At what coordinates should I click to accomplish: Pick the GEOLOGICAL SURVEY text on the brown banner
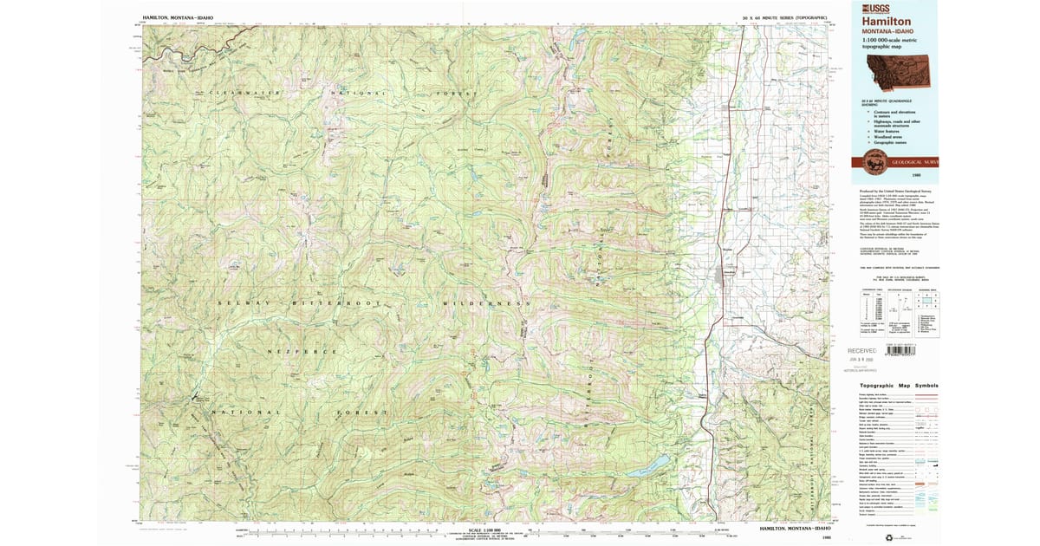pyautogui.click(x=919, y=162)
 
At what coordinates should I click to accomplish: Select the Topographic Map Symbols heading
pyautogui.click(x=899, y=386)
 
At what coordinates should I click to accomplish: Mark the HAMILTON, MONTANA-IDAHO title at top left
pyautogui.click(x=179, y=16)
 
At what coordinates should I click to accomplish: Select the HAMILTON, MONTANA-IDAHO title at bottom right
pyautogui.click(x=795, y=528)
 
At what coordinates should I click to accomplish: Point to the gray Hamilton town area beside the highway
pyautogui.click(x=726, y=276)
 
